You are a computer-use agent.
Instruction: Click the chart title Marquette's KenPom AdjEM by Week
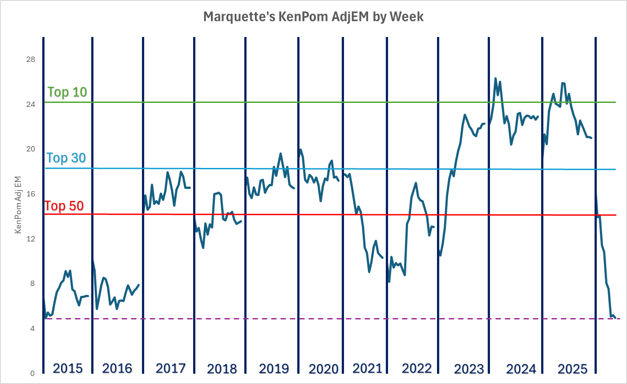(313, 17)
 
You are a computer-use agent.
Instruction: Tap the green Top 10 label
(67, 92)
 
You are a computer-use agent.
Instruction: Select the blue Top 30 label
(66, 158)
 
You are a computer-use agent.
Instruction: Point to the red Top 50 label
(64, 206)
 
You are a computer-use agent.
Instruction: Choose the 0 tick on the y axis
(32, 373)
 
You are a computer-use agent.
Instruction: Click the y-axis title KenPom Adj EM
(18, 205)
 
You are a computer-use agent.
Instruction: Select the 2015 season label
(68, 368)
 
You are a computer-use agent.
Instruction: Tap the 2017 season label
(170, 368)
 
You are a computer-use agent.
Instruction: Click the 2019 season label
(274, 368)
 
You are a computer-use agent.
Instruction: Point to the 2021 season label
(367, 368)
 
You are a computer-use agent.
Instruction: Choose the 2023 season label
(469, 369)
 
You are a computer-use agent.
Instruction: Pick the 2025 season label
(572, 369)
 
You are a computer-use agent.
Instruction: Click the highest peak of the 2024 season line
(495, 78)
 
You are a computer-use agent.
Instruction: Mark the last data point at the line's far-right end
(615, 318)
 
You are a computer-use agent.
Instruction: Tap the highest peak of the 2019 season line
(280, 154)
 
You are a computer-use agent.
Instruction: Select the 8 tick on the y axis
(32, 283)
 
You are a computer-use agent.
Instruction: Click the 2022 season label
(417, 368)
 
